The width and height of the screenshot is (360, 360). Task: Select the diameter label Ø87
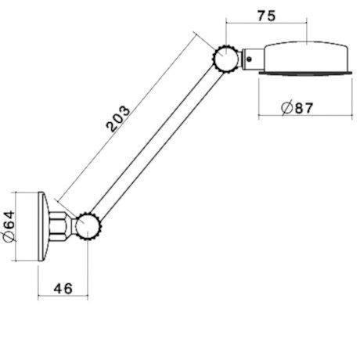click(296, 108)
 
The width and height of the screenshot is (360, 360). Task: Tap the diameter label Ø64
click(9, 225)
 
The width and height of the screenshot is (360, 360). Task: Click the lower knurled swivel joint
click(88, 226)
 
